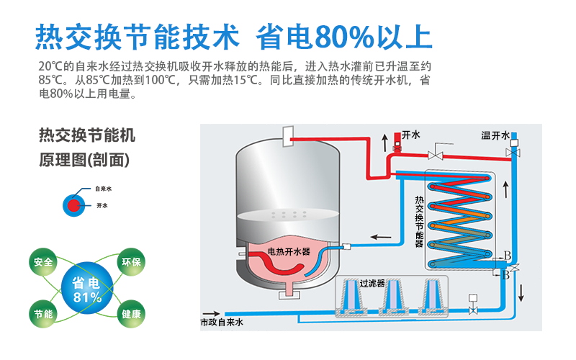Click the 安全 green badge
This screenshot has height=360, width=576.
42,261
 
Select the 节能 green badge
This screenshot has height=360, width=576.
42,315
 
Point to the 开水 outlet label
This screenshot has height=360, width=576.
410,135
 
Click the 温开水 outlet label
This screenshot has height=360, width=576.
495,135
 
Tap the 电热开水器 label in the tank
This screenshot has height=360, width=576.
288,251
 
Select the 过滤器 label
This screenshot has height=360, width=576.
372,283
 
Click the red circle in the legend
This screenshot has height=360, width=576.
74,205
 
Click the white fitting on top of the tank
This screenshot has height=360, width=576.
289,135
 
